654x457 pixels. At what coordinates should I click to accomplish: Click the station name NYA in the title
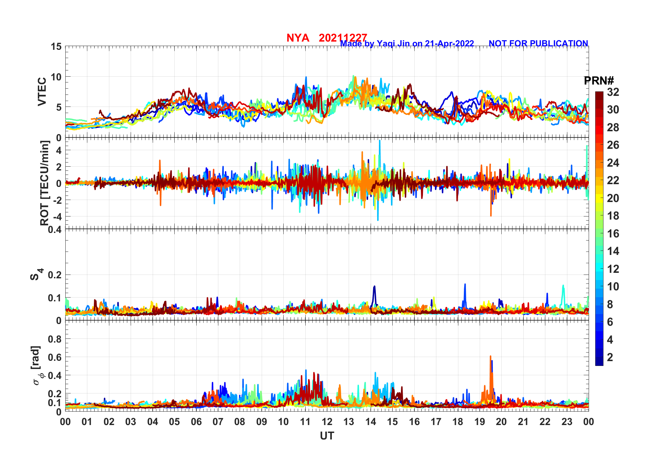click(298, 38)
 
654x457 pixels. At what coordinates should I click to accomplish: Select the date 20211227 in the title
click(343, 38)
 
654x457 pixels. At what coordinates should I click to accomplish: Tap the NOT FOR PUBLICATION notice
click(538, 44)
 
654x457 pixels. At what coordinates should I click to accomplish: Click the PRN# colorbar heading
click(599, 81)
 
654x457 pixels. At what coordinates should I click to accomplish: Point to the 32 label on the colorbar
click(613, 92)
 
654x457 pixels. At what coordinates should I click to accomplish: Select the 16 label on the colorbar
click(613, 234)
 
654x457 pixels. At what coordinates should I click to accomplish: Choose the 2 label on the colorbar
click(610, 357)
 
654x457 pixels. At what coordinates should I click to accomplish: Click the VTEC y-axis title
click(42, 92)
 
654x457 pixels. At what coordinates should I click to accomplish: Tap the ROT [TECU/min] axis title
click(45, 183)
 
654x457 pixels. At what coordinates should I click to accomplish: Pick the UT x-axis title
click(327, 436)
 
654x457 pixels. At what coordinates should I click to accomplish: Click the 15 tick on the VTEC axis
click(56, 47)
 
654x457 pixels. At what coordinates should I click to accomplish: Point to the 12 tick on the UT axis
click(327, 422)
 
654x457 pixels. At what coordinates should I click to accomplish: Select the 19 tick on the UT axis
click(480, 422)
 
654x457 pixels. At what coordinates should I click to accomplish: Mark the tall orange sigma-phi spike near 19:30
click(491, 357)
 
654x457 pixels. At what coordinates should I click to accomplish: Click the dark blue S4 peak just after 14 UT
click(374, 287)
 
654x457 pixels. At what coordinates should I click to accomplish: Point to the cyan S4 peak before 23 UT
click(563, 286)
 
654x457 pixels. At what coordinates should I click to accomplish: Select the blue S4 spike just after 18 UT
click(465, 285)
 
